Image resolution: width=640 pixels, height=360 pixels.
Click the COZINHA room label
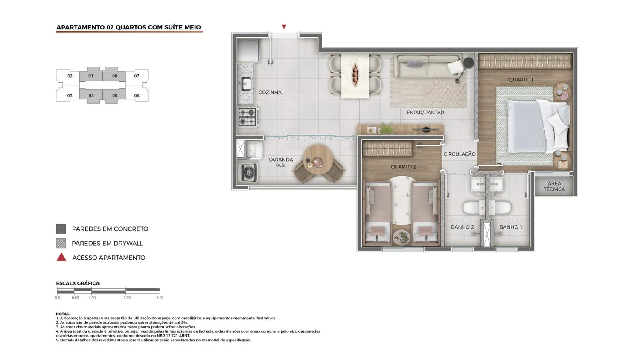270,93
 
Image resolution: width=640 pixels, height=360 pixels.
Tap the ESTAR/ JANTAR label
425,113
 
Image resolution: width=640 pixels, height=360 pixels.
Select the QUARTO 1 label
521,80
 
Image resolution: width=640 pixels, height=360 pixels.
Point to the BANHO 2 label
463,227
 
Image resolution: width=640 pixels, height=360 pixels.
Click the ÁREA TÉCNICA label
554,186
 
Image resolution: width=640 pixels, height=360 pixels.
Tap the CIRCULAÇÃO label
460,154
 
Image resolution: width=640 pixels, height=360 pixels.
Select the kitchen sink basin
246,84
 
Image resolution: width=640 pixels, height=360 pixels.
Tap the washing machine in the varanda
247,172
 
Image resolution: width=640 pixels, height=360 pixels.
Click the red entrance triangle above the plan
284,26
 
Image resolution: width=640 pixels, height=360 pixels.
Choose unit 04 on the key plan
91,96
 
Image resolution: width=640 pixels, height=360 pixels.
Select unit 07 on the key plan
137,76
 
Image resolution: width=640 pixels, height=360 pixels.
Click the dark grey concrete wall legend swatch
61,229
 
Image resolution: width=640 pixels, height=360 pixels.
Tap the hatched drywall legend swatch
61,244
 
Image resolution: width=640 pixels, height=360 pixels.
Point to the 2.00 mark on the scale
127,298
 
